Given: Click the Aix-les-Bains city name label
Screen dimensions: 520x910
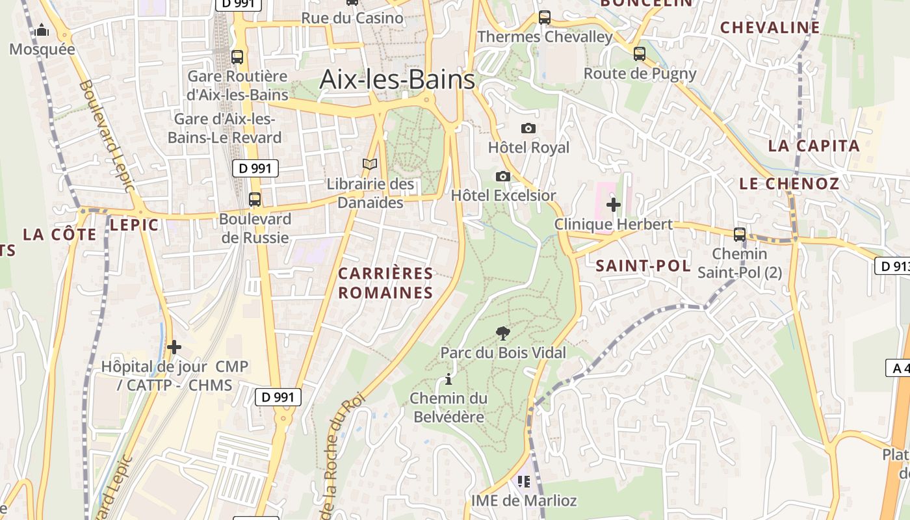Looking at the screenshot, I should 397,80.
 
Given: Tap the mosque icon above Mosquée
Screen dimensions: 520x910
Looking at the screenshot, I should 42,30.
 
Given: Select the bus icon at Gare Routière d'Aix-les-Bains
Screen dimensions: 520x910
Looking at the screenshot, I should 237,57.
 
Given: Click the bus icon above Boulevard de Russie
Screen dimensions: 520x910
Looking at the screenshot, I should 255,200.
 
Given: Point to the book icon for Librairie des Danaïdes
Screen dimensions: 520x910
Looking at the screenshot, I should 370,164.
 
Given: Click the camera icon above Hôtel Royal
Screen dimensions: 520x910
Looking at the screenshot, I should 528,128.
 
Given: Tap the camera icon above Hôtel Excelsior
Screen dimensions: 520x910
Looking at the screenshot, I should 502,176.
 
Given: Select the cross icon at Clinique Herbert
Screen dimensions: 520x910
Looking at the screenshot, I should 613,205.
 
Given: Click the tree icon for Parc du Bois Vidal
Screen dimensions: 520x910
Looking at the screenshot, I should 502,333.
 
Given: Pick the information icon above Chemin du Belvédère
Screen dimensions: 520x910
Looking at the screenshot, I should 448,379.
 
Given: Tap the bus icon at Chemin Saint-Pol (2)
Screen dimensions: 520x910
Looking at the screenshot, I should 739,234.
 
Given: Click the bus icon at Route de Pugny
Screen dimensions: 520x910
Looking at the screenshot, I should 640,54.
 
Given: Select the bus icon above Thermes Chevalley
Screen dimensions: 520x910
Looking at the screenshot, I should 545,18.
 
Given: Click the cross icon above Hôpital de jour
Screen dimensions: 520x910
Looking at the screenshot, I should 174,347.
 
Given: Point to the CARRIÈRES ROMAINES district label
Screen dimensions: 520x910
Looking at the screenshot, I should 385,283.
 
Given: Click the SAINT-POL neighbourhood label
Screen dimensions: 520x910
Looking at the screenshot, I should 643,265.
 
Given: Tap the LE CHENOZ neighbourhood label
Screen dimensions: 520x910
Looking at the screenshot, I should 789,183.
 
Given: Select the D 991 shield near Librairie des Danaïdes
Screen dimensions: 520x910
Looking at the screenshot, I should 255,168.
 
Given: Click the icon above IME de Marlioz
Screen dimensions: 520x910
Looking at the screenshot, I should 524,482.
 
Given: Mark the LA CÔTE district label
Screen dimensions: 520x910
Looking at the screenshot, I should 60,234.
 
